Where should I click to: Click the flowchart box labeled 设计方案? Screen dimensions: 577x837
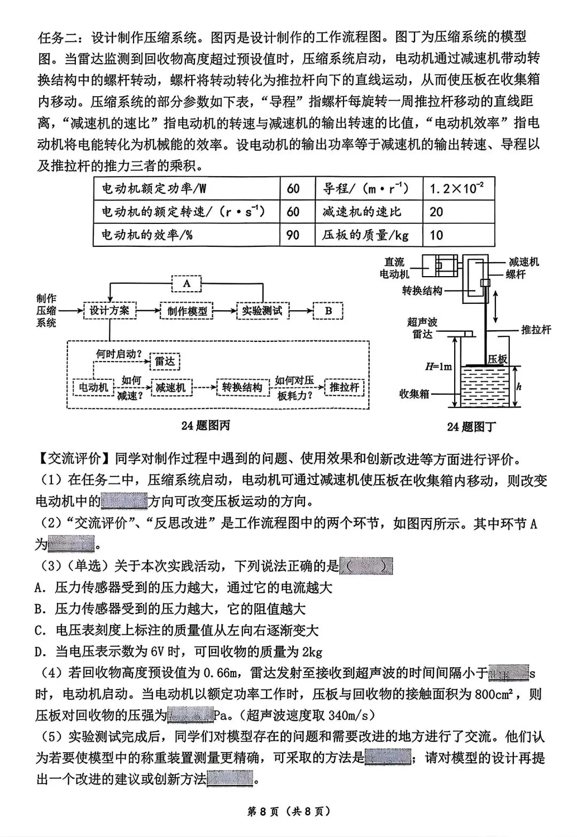[x=110, y=310]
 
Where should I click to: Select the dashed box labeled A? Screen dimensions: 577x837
[x=186, y=283]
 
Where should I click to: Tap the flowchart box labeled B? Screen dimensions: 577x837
[x=328, y=310]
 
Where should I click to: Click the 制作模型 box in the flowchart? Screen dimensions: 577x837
[x=186, y=310]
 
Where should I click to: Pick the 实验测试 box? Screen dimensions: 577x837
[x=262, y=310]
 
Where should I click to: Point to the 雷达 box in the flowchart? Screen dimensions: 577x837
[x=165, y=362]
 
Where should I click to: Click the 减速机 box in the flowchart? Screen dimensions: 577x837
[x=170, y=387]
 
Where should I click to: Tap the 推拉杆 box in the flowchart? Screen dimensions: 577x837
[x=344, y=387]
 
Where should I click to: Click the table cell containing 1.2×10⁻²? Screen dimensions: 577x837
[x=458, y=189]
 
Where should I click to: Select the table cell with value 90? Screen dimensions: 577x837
[x=293, y=234]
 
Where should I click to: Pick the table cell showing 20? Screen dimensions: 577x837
[x=458, y=212]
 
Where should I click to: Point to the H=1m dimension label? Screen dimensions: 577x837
[x=438, y=366]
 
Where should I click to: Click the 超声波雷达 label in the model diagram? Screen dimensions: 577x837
[x=422, y=327]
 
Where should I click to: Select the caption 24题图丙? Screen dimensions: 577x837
[x=206, y=425]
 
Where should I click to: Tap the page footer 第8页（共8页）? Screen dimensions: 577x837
[x=288, y=811]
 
